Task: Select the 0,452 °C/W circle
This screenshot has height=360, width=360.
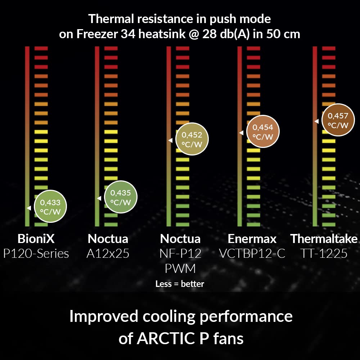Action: (192, 139)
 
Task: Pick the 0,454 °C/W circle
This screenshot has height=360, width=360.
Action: (263, 132)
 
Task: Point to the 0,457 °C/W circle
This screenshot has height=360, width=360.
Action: (338, 120)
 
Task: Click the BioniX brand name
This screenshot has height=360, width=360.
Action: (36, 239)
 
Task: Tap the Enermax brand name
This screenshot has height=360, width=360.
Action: (252, 239)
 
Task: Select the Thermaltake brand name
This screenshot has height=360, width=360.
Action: (324, 239)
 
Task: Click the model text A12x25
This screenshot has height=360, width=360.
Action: (108, 254)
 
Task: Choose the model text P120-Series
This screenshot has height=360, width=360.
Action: (36, 254)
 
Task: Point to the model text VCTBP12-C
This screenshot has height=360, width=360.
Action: (252, 254)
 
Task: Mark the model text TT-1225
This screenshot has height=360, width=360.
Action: (324, 254)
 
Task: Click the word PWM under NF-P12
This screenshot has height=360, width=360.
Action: (180, 269)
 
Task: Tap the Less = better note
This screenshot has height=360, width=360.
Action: (180, 284)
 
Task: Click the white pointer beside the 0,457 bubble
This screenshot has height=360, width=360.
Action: (316, 121)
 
